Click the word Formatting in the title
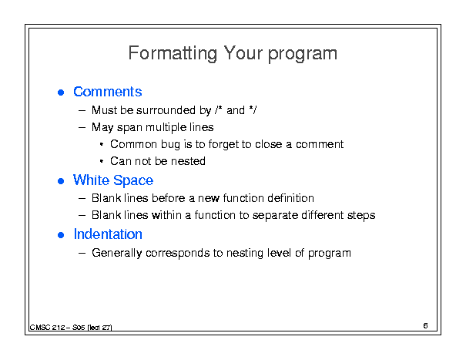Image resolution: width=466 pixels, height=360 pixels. [173, 53]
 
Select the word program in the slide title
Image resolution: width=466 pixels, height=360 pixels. [303, 55]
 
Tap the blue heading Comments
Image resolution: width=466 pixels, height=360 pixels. [108, 92]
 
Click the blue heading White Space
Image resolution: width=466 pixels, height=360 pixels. [113, 180]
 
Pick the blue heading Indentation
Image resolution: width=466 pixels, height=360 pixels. [108, 234]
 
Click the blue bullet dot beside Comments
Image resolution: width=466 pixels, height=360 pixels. [61, 93]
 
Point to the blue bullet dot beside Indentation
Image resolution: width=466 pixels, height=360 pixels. [61, 235]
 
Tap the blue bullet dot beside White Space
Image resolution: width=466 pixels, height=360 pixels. [61, 181]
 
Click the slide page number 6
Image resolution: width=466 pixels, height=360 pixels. [426, 325]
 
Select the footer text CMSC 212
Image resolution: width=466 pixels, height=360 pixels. [47, 328]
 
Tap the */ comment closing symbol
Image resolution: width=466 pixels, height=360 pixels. [253, 110]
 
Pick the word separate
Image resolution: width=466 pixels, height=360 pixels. [275, 215]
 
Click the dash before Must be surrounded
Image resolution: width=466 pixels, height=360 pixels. [82, 111]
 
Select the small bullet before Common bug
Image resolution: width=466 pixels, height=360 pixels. [102, 145]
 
